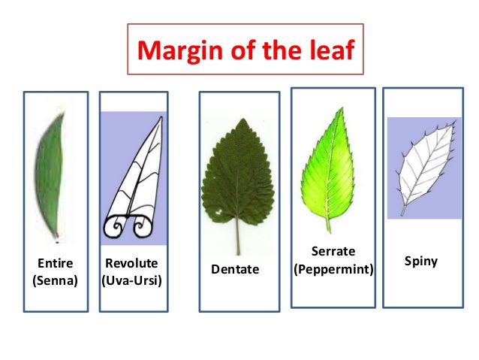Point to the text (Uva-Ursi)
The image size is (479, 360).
point(132,281)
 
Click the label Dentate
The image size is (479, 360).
point(235,269)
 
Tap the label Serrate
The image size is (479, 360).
point(333,251)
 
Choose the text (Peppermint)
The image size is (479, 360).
point(333,268)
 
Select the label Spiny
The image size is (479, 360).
point(420,262)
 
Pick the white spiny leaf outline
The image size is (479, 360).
point(428,162)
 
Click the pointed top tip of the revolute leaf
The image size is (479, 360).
point(160,118)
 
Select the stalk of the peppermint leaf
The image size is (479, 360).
point(328,224)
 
